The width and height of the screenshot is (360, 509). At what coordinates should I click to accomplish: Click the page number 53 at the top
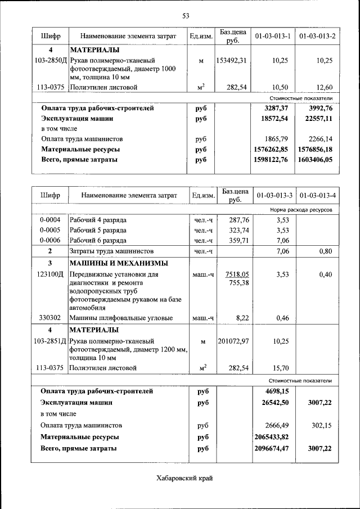pyautogui.click(x=185, y=16)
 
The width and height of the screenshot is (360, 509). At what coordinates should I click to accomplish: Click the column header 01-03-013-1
pyautogui.click(x=272, y=37)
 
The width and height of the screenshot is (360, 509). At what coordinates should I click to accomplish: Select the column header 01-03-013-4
pyautogui.click(x=318, y=196)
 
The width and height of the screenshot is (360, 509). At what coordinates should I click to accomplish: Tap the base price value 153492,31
pyautogui.click(x=232, y=60)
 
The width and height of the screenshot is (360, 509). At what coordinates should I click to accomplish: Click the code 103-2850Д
pyautogui.click(x=50, y=60)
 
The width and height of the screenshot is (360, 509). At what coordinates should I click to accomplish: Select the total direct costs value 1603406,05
pyautogui.click(x=316, y=160)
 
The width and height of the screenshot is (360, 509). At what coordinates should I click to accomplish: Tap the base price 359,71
pyautogui.click(x=237, y=240)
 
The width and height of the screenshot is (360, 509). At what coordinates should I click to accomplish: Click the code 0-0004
pyautogui.click(x=50, y=220)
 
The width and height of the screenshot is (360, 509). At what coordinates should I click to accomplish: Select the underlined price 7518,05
pyautogui.click(x=237, y=274)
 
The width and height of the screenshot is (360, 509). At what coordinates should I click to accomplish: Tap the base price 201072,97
pyautogui.click(x=233, y=341)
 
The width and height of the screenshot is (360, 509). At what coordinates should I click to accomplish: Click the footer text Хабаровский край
pyautogui.click(x=184, y=478)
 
